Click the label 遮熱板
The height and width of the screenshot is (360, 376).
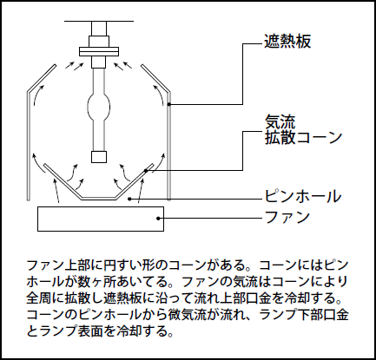coord(287,41)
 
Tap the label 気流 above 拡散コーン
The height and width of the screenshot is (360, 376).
coord(280,121)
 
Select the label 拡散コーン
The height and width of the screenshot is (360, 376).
coord(303,137)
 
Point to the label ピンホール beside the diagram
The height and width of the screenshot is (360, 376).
coord(303,196)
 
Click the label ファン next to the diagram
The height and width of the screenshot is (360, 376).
coord(287,217)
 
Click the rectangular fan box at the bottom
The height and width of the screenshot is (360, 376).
coord(101,219)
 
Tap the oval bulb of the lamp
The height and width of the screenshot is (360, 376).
coord(99,107)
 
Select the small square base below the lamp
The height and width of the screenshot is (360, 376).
coord(99,157)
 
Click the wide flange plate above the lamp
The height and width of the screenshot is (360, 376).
coord(99,51)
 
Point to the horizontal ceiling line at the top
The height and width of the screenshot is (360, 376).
coord(99,21)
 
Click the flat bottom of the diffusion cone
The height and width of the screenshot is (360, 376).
coord(99,199)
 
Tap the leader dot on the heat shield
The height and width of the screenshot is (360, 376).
coord(169,104)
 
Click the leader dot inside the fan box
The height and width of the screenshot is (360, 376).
coord(158,219)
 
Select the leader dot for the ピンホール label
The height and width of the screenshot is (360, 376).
coord(130,199)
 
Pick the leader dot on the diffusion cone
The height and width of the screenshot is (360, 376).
coord(146,171)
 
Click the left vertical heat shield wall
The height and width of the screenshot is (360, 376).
coord(29,146)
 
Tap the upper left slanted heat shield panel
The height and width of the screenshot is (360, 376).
coord(42,79)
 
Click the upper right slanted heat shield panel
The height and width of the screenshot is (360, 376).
coord(155,79)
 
